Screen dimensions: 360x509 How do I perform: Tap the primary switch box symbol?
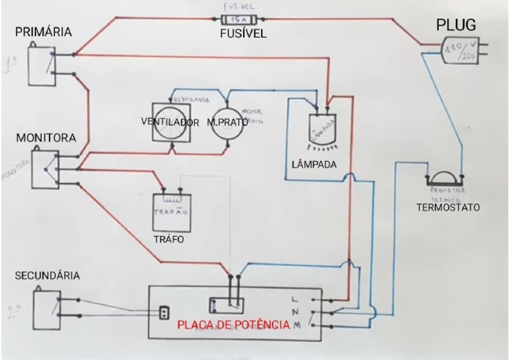pos(41,65)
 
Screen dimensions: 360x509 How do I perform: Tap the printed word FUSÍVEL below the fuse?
pos(243,34)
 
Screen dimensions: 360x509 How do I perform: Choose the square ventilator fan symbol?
pos(170,122)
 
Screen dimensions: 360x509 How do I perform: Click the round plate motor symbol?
pos(227,122)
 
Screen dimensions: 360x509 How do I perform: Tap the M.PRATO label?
pos(228,123)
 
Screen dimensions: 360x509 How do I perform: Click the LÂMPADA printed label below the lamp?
pos(313,163)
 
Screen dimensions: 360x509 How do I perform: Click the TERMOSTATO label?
pos(447,208)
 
